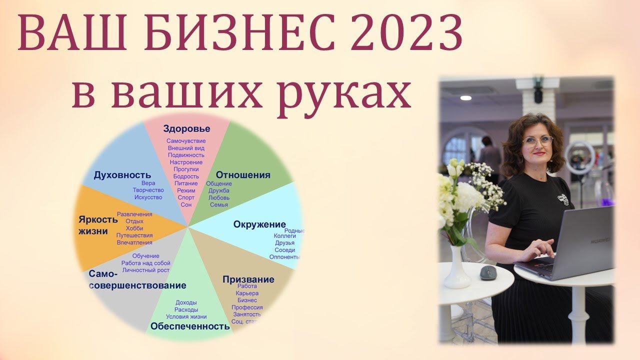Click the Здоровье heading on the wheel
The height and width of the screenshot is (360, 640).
coord(186,129)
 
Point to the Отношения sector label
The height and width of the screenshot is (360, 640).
coord(243,175)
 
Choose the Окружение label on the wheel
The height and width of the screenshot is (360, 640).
coord(259,224)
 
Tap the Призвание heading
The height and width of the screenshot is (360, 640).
coord(248,279)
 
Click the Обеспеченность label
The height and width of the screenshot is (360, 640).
coord(190,326)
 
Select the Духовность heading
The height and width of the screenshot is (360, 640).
coord(122,175)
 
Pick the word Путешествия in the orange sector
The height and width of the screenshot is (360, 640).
coord(134,235)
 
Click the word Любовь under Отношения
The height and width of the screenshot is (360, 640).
coord(219,197)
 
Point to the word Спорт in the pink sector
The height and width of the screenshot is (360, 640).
coord(186,197)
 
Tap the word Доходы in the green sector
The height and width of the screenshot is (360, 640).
coord(186,302)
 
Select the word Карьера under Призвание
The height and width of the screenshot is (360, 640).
coord(247,293)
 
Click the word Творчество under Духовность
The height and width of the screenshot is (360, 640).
coord(148,190)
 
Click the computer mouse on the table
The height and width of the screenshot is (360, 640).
coord(488,272)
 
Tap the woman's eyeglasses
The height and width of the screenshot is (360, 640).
coord(538,141)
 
